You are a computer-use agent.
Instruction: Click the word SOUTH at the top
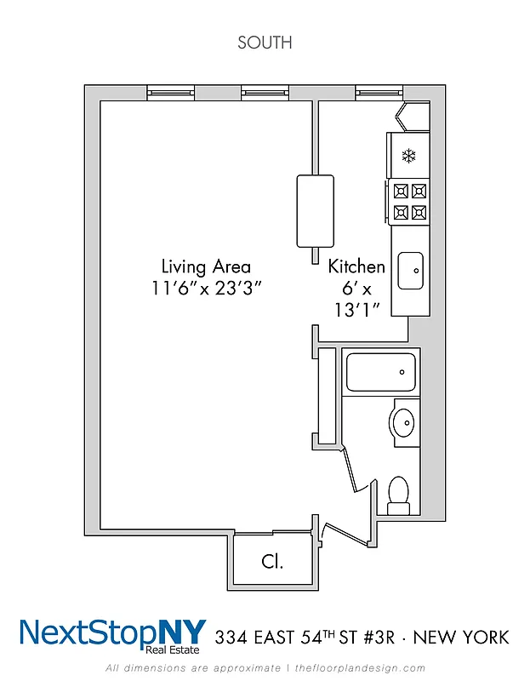(x=265, y=43)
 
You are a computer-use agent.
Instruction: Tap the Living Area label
(x=206, y=266)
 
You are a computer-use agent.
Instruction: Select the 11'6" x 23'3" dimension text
(x=206, y=288)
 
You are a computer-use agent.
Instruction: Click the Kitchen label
(x=356, y=266)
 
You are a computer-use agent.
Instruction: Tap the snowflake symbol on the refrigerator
(x=409, y=156)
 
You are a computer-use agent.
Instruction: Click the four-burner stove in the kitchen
(x=409, y=203)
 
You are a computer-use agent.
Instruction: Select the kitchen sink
(x=411, y=271)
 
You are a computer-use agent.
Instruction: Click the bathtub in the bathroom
(x=381, y=372)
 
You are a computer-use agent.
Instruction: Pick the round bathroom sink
(x=404, y=421)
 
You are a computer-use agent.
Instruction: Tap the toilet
(x=397, y=493)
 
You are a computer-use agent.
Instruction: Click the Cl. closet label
(x=272, y=562)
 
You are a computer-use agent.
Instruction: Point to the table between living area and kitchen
(x=314, y=210)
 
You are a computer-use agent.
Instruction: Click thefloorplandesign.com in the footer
(x=360, y=667)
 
